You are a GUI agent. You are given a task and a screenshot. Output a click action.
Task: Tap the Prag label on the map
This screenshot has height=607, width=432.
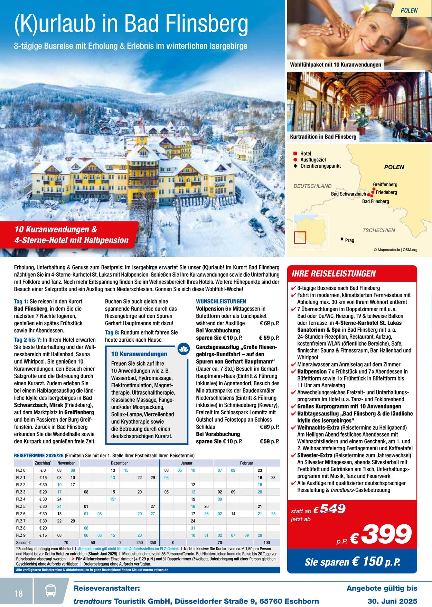[349, 240]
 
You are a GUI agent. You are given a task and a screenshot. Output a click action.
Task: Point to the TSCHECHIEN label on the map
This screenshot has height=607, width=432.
[378, 230]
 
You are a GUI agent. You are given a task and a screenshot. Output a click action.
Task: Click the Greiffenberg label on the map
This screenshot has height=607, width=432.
[385, 184]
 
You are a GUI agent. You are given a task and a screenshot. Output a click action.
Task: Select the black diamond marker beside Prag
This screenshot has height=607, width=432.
[342, 239]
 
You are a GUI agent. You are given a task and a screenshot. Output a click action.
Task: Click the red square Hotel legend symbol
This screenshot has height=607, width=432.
[295, 154]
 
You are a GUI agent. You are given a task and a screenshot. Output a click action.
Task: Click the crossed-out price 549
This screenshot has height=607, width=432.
[332, 509]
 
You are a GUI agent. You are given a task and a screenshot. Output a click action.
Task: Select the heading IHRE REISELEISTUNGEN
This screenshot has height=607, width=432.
[334, 274]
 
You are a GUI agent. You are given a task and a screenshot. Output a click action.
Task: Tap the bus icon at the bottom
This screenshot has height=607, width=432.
[51, 590]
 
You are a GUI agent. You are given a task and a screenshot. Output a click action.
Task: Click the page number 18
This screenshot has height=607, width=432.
[18, 594]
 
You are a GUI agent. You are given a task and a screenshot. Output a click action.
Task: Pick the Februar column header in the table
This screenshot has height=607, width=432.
[246, 463]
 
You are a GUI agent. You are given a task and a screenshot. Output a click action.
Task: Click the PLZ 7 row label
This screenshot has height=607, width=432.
[21, 521]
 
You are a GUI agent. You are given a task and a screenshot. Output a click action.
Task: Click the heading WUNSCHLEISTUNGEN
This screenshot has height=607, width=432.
[221, 301]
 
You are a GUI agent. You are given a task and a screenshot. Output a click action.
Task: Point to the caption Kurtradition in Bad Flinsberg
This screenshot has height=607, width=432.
[323, 137]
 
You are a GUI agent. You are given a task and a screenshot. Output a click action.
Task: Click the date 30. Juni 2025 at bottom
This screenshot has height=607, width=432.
[392, 601]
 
